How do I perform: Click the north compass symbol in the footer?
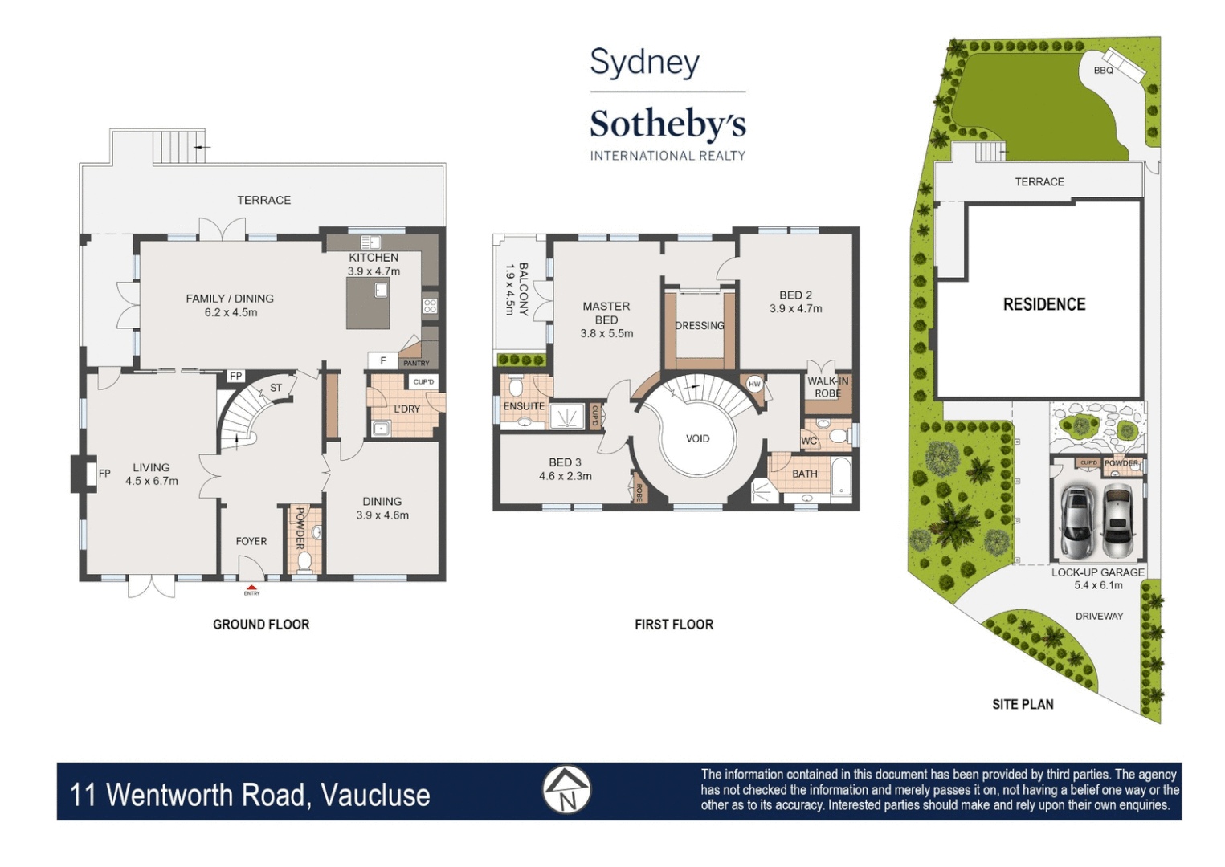click(567, 790)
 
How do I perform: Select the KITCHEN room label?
click(374, 258)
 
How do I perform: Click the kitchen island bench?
click(368, 304)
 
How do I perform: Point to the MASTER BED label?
click(606, 313)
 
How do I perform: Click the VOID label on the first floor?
click(697, 438)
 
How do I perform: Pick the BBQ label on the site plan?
click(1103, 71)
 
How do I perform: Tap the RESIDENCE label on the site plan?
click(1043, 305)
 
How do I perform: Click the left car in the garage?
click(1076, 521)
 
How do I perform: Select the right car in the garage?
click(1117, 521)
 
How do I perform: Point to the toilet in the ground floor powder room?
click(304, 560)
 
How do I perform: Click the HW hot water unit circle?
click(754, 384)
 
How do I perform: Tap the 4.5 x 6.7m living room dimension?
click(152, 482)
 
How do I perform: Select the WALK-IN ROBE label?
click(827, 387)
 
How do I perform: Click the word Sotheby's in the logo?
click(668, 124)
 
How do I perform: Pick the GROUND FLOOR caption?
click(261, 625)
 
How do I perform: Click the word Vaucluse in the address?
click(375, 795)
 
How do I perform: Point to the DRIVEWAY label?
click(1099, 617)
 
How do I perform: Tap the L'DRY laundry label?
click(406, 409)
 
